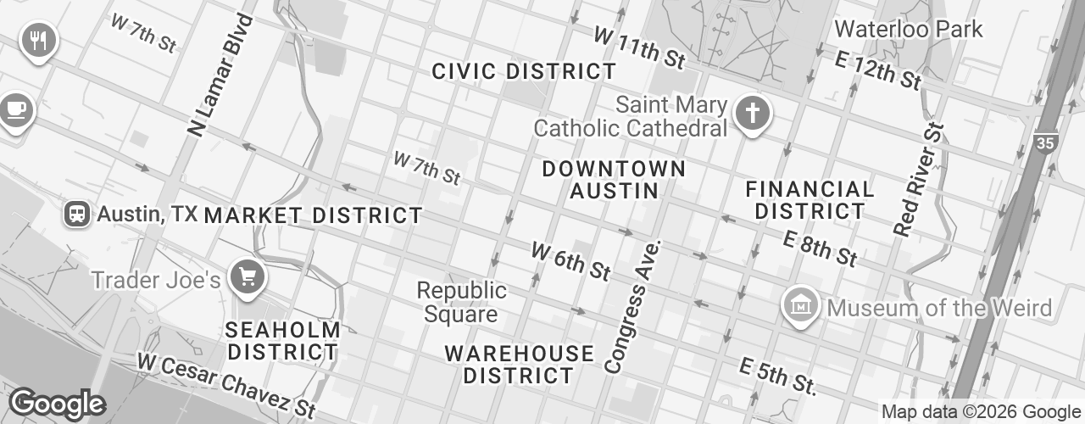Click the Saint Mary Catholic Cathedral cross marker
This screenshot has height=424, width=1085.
tap(750, 113)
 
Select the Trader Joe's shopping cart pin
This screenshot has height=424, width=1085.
tap(248, 276)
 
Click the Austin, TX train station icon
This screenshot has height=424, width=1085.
tap(77, 215)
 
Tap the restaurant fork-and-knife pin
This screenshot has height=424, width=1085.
tap(37, 39)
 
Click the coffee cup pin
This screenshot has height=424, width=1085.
tap(14, 109)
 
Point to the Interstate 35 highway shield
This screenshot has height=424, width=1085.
tap(1046, 142)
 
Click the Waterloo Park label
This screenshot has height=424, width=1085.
tap(908, 29)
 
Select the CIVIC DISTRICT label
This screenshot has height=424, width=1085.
tap(524, 72)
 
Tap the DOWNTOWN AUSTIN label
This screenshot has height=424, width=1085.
tap(614, 180)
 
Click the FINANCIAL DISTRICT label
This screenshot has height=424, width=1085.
tap(810, 199)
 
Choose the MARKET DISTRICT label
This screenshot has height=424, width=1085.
tap(313, 215)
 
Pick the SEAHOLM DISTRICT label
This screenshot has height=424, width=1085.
tap(283, 340)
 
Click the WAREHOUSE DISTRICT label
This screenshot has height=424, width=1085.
tap(519, 364)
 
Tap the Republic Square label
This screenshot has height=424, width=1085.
tap(462, 303)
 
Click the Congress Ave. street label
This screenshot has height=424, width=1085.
tap(632, 306)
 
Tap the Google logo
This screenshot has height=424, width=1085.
tap(56, 404)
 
